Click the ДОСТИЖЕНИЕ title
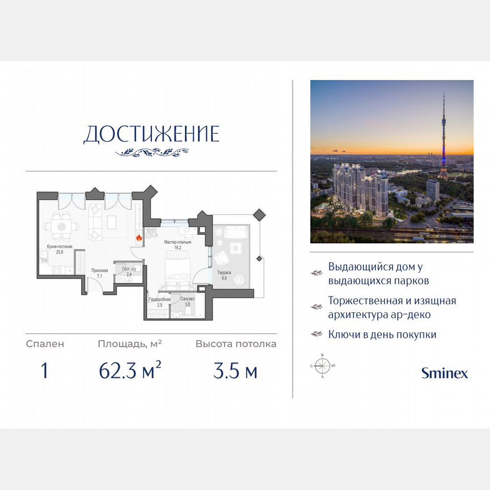point(151,134)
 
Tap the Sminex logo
point(444,373)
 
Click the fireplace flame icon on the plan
point(138,238)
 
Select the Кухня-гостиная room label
point(60,247)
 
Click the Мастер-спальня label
point(178,242)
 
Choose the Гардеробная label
point(159,299)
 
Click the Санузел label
point(188,298)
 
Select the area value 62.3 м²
point(130,371)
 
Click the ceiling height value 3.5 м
point(235,371)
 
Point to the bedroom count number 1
point(44,371)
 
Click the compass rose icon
point(322,366)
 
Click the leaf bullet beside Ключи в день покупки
point(316,335)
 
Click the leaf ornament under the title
point(151,152)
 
